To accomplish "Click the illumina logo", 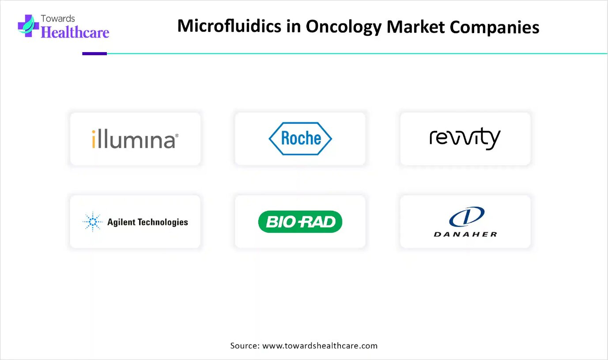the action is click(135, 139).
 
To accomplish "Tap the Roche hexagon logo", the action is click(300, 139).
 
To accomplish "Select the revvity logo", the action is click(465, 138).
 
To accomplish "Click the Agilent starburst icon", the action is click(93, 222).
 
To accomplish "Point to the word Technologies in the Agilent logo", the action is click(163, 222).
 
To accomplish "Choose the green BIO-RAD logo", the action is click(300, 222).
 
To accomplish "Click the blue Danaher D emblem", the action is click(467, 216).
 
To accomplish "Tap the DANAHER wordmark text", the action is click(465, 234).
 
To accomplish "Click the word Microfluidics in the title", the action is click(229, 26).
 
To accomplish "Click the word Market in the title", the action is click(415, 27).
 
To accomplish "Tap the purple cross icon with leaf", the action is click(28, 26).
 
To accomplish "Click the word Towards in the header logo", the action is click(58, 19).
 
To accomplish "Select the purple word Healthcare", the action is click(75, 32).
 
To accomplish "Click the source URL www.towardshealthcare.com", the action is click(320, 345).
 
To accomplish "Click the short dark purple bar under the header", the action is click(94, 54).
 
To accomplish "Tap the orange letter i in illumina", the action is click(94, 139).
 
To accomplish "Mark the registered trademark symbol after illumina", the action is click(177, 135).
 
